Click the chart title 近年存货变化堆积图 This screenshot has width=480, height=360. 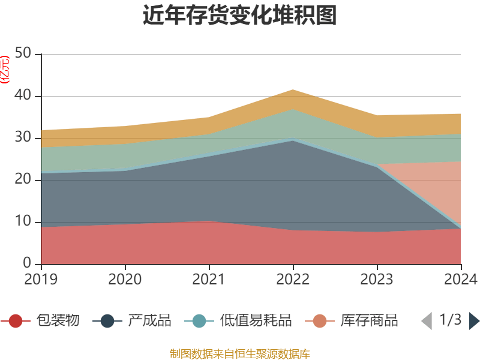click(x=240, y=16)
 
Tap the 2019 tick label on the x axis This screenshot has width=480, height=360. click(x=41, y=279)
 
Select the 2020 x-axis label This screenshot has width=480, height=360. click(x=125, y=279)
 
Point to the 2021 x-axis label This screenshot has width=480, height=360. click(x=209, y=279)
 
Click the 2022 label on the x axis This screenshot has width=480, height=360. click(x=293, y=279)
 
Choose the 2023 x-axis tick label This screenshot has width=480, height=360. click(x=377, y=279)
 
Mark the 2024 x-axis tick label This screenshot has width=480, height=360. click(x=461, y=279)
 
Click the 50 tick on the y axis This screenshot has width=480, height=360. click(x=23, y=54)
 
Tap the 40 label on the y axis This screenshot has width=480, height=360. click(x=23, y=96)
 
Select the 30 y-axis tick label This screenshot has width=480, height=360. click(x=23, y=138)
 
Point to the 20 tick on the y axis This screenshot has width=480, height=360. click(x=23, y=180)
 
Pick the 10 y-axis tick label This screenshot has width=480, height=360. click(x=23, y=222)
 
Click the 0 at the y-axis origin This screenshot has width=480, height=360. click(x=28, y=264)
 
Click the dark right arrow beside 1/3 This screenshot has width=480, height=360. click(x=474, y=321)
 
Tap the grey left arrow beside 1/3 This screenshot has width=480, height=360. click(x=427, y=321)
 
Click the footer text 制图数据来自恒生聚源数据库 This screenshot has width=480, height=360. click(x=240, y=353)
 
